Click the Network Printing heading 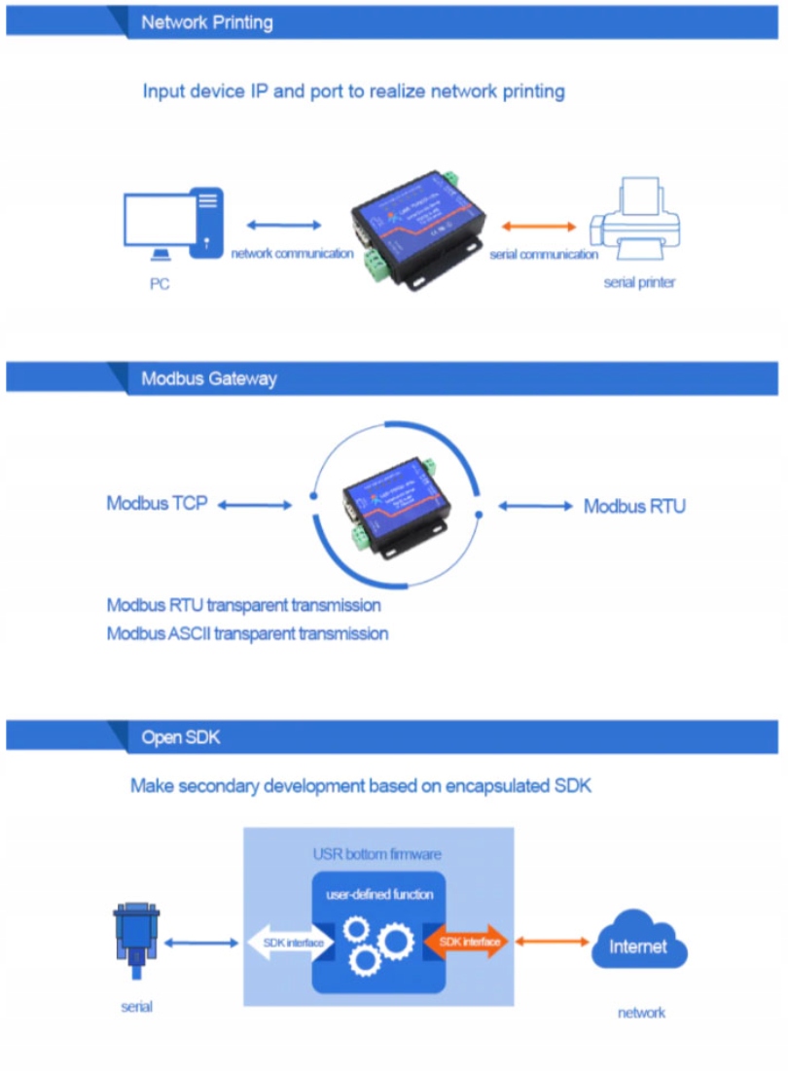206,22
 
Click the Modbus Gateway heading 208,378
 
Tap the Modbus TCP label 157,504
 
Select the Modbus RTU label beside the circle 634,506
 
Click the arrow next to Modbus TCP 255,505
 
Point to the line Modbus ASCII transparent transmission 247,633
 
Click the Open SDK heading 181,737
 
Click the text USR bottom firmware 376,854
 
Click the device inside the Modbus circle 394,506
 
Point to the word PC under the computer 160,285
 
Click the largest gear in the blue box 395,942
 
